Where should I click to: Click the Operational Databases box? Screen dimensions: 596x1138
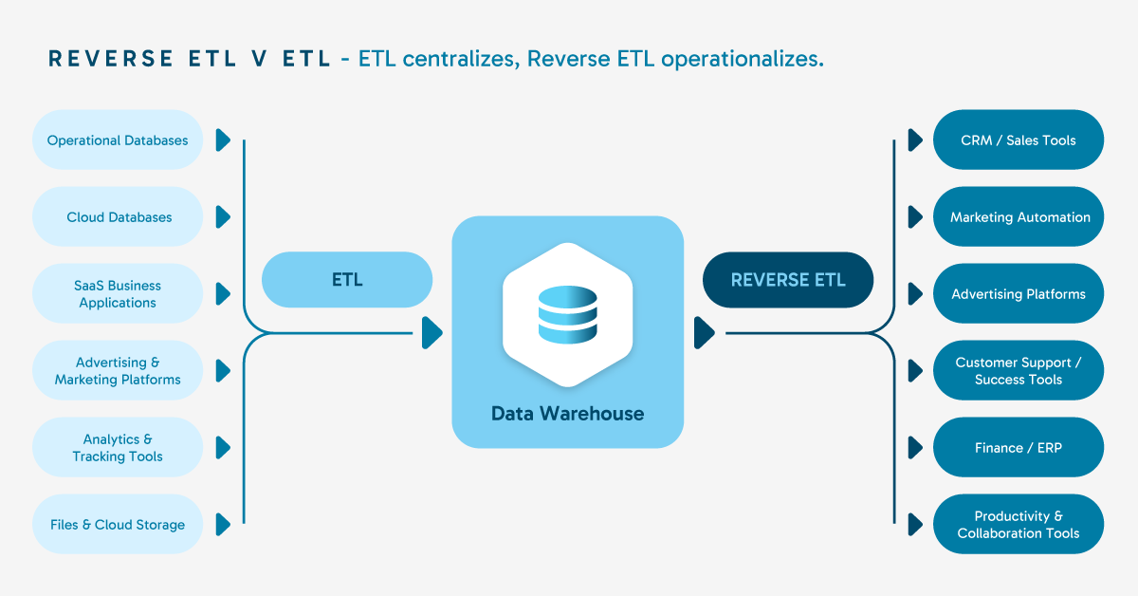coord(118,140)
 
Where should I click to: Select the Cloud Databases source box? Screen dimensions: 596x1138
coord(118,217)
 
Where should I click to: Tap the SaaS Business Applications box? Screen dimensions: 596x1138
coord(118,294)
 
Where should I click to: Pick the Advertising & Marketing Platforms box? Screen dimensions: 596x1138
coord(118,371)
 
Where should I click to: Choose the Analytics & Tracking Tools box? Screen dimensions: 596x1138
coord(118,448)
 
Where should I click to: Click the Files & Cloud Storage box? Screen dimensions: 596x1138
coord(118,525)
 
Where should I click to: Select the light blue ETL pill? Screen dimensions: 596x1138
coord(347,280)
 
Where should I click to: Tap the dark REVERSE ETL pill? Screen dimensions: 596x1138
coord(788,280)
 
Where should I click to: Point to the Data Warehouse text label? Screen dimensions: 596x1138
coord(567,414)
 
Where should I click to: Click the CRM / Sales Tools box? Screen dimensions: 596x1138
coord(1019,140)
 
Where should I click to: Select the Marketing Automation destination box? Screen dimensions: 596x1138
coord(1019,217)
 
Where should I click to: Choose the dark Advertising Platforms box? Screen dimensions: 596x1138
coord(1019,294)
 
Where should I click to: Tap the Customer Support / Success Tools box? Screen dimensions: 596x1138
coord(1019,371)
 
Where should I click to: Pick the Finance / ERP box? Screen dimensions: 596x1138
coord(1019,448)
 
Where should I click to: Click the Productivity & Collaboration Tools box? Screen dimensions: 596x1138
coord(1019,525)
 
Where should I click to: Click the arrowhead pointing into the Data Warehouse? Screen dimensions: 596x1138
coord(431,333)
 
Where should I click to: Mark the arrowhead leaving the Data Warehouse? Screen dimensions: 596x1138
coord(704,333)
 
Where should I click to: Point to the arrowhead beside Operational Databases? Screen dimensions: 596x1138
coord(223,140)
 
